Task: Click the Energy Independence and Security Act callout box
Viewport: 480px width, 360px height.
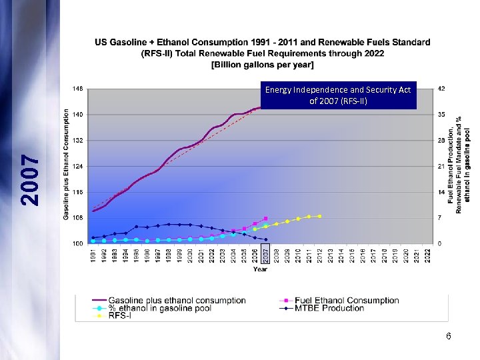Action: (x=339, y=95)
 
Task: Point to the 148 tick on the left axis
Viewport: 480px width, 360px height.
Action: (x=78, y=88)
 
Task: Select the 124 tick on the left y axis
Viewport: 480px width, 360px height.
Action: (x=78, y=166)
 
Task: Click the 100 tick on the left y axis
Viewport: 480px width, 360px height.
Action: (x=78, y=244)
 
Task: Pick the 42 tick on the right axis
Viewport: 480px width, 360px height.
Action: (x=441, y=88)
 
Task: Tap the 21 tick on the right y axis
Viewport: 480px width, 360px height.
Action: (x=441, y=166)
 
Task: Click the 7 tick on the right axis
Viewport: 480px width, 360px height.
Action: (x=441, y=218)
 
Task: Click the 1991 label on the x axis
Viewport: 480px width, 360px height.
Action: (x=93, y=255)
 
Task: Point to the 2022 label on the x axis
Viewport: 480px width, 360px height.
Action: (x=428, y=255)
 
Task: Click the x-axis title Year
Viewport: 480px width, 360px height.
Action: (x=260, y=269)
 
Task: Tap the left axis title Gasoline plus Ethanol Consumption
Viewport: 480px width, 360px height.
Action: (x=67, y=165)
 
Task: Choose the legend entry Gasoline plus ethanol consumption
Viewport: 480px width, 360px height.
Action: (x=177, y=301)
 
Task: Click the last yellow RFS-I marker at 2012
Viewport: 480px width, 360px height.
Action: (x=320, y=216)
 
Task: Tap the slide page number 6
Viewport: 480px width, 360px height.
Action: (x=449, y=337)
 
